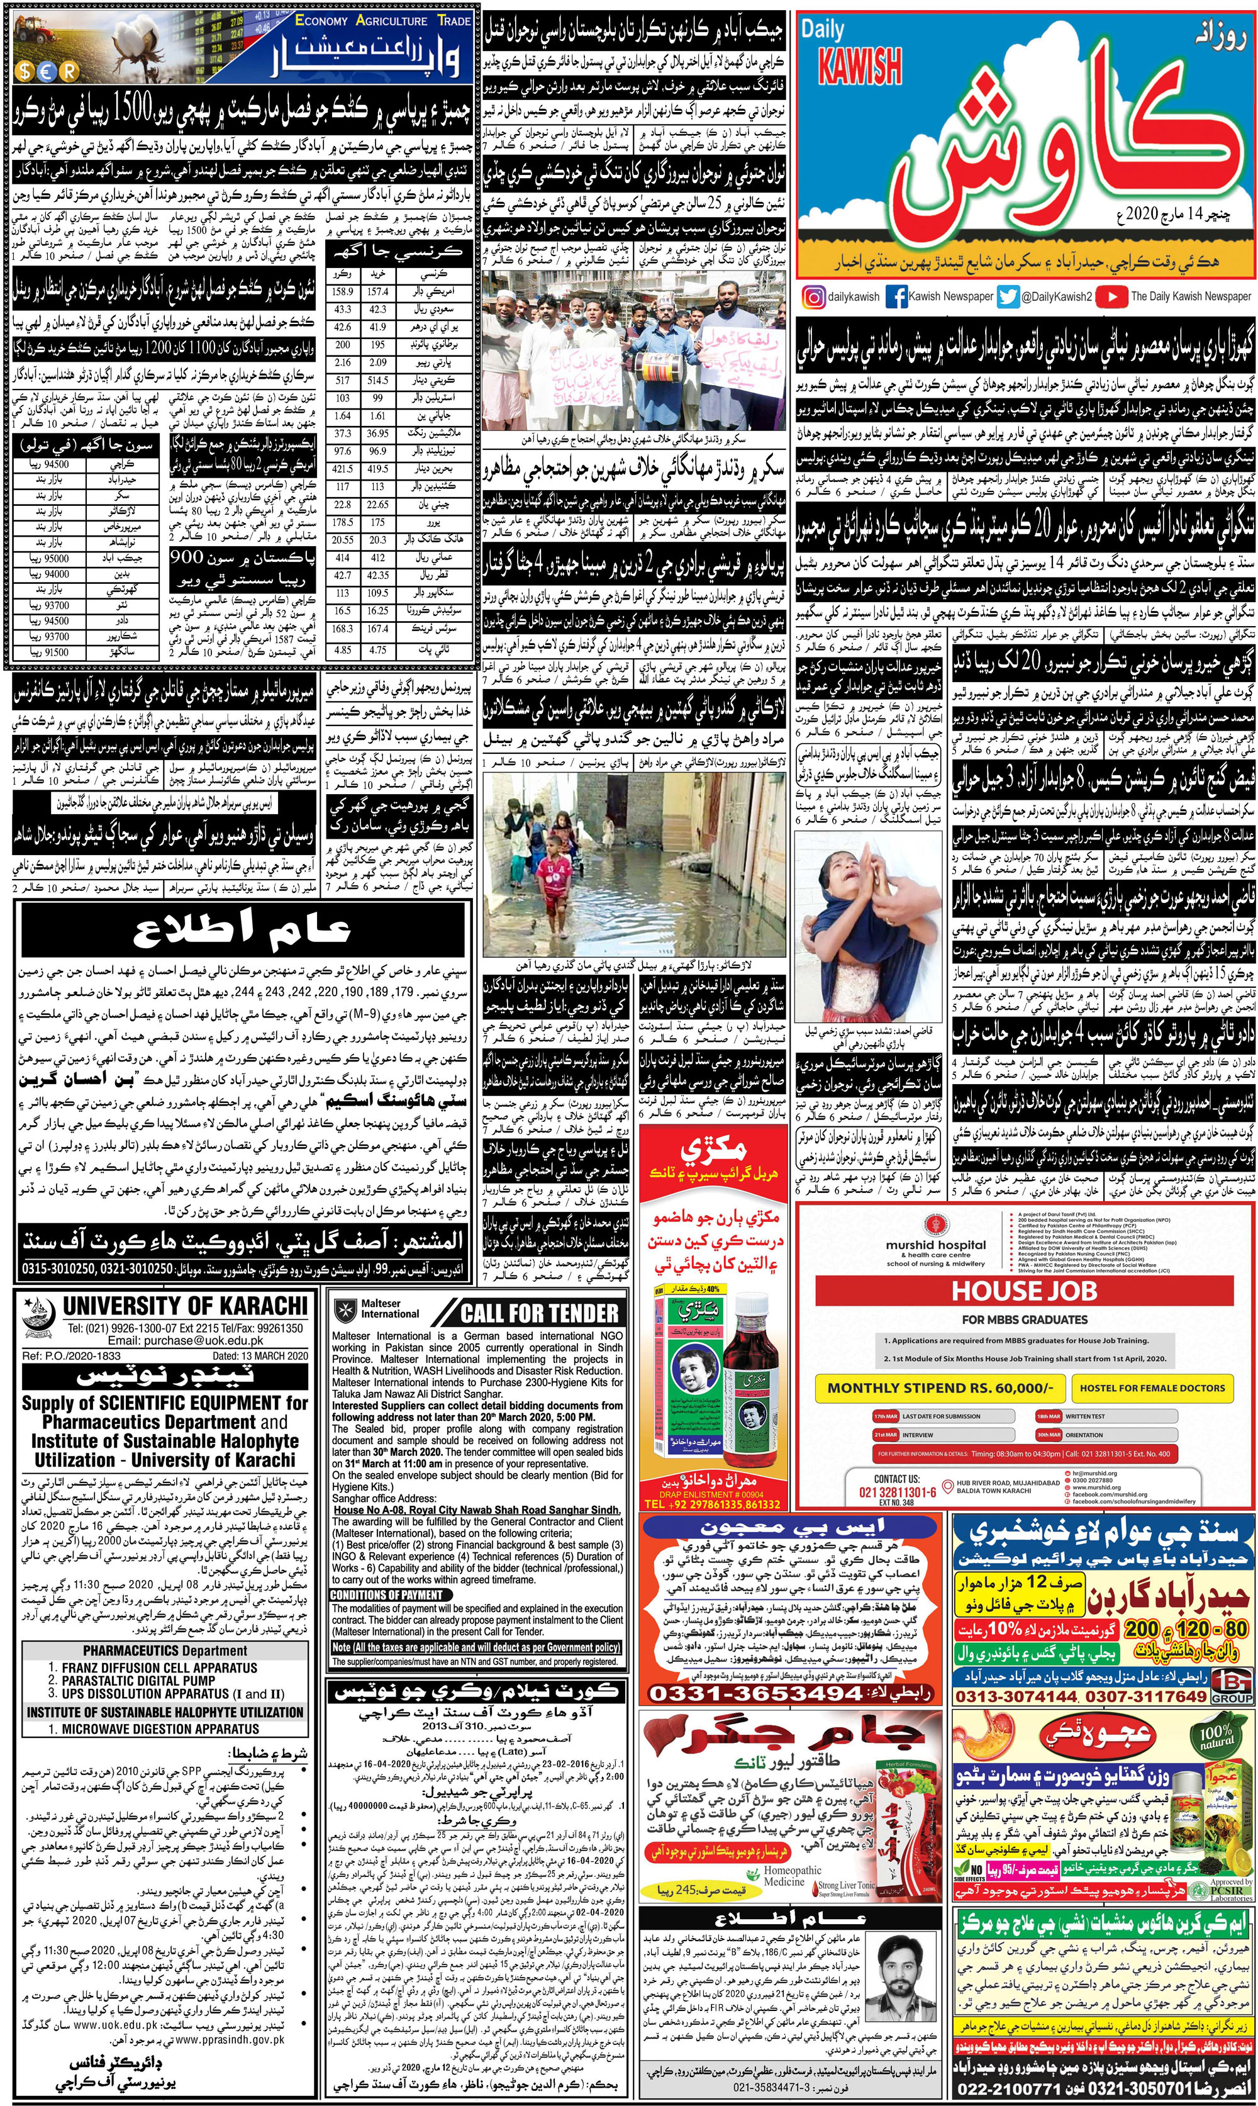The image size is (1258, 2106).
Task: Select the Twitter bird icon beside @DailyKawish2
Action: (x=1007, y=297)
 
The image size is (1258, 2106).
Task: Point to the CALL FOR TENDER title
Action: (x=540, y=1313)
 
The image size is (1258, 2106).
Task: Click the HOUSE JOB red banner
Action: (x=1024, y=1291)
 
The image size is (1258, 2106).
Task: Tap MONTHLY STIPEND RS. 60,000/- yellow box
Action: (x=939, y=1388)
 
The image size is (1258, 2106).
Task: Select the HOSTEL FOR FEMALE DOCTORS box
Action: (x=1152, y=1388)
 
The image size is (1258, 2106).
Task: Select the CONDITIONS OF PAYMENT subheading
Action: (x=387, y=1595)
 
